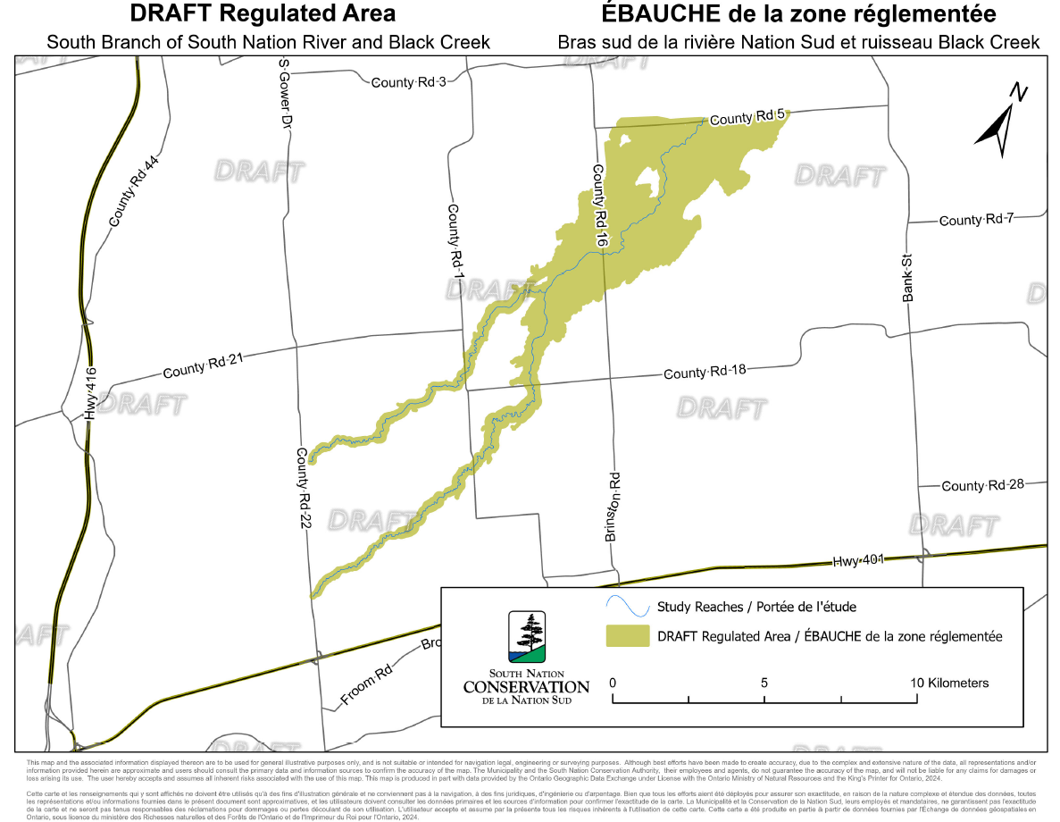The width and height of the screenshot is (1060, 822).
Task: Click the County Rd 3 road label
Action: (x=408, y=82)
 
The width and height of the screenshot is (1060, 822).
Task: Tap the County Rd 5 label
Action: (x=747, y=116)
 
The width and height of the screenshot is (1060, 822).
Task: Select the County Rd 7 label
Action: (x=976, y=219)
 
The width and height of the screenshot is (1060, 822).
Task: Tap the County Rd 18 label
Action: (x=704, y=372)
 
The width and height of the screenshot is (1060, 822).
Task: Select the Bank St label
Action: (x=908, y=278)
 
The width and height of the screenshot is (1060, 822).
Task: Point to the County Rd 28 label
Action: (x=982, y=485)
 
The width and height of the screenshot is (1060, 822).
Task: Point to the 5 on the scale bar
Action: (x=764, y=683)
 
